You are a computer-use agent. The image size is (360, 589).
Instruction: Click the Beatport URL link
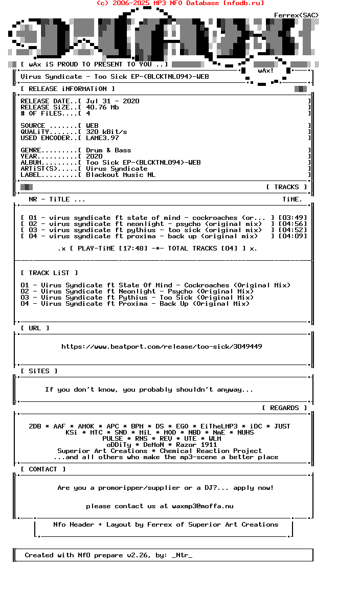162,347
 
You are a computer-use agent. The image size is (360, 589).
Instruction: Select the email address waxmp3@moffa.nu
202,506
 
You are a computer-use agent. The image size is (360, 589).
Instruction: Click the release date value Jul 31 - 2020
112,101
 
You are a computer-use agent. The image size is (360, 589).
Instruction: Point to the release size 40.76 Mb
102,107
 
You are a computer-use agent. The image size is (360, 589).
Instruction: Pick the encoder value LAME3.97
102,138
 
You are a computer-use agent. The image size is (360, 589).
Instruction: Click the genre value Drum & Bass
108,150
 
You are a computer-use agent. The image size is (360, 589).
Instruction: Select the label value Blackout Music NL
121,175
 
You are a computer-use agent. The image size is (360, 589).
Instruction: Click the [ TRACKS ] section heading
286,187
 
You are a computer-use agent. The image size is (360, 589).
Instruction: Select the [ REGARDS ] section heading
284,408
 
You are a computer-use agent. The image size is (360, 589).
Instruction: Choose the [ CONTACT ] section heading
43,469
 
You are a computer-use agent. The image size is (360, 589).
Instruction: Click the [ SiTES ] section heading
39,371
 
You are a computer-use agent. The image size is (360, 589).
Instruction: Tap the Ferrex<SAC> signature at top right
296,15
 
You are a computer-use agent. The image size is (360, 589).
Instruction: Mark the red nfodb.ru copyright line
180,3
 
